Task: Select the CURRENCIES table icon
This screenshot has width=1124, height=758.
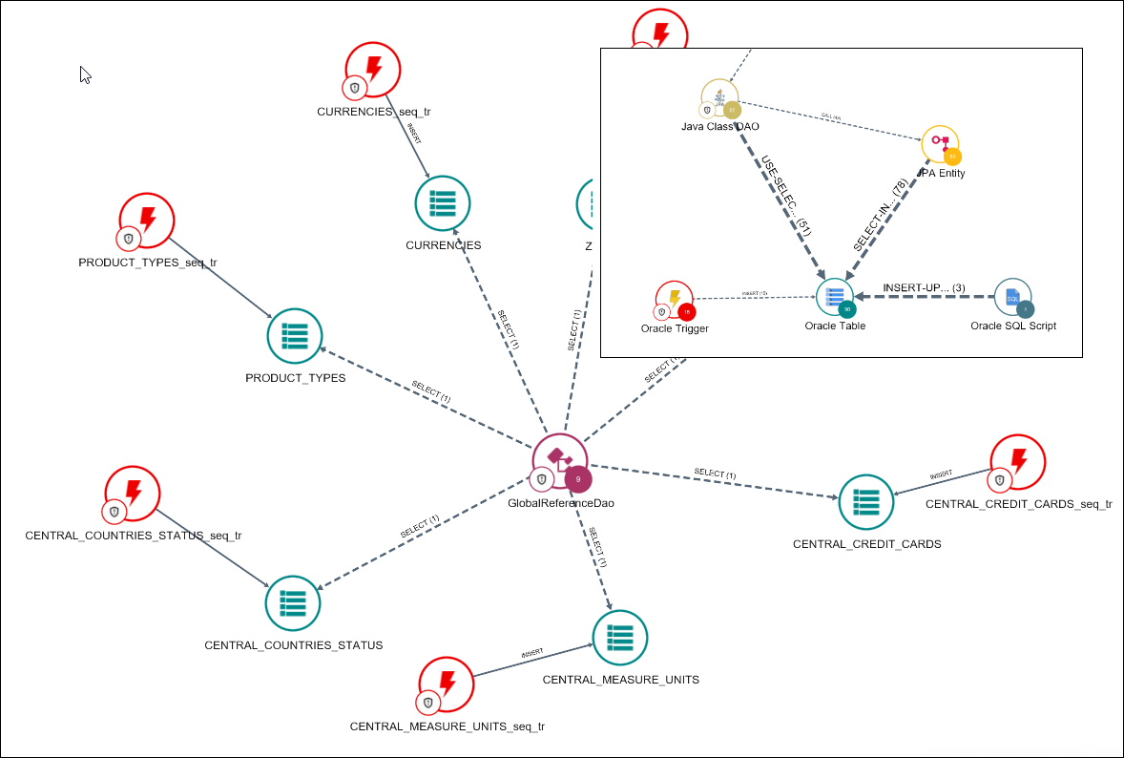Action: (x=443, y=203)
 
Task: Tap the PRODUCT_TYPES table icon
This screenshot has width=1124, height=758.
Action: (x=295, y=336)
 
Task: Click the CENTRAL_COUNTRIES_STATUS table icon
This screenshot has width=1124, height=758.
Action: (x=293, y=603)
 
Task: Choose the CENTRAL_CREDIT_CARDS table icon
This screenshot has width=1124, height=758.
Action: (x=866, y=502)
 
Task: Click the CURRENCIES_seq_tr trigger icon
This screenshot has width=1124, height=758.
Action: (x=372, y=69)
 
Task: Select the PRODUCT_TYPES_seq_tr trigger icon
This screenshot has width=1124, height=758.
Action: (x=147, y=221)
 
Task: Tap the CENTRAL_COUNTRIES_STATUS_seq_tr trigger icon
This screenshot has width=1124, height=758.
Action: (x=133, y=494)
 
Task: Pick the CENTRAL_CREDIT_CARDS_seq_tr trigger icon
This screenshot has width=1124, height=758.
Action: (x=1018, y=463)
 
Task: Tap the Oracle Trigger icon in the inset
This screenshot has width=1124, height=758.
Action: (x=674, y=299)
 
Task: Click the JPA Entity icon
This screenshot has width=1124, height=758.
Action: (x=940, y=144)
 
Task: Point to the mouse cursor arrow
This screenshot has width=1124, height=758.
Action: (x=85, y=74)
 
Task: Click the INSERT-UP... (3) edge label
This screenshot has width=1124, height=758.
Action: (x=925, y=287)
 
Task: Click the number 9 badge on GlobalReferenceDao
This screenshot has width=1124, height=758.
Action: (x=578, y=479)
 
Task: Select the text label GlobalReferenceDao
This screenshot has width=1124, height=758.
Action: (x=562, y=503)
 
